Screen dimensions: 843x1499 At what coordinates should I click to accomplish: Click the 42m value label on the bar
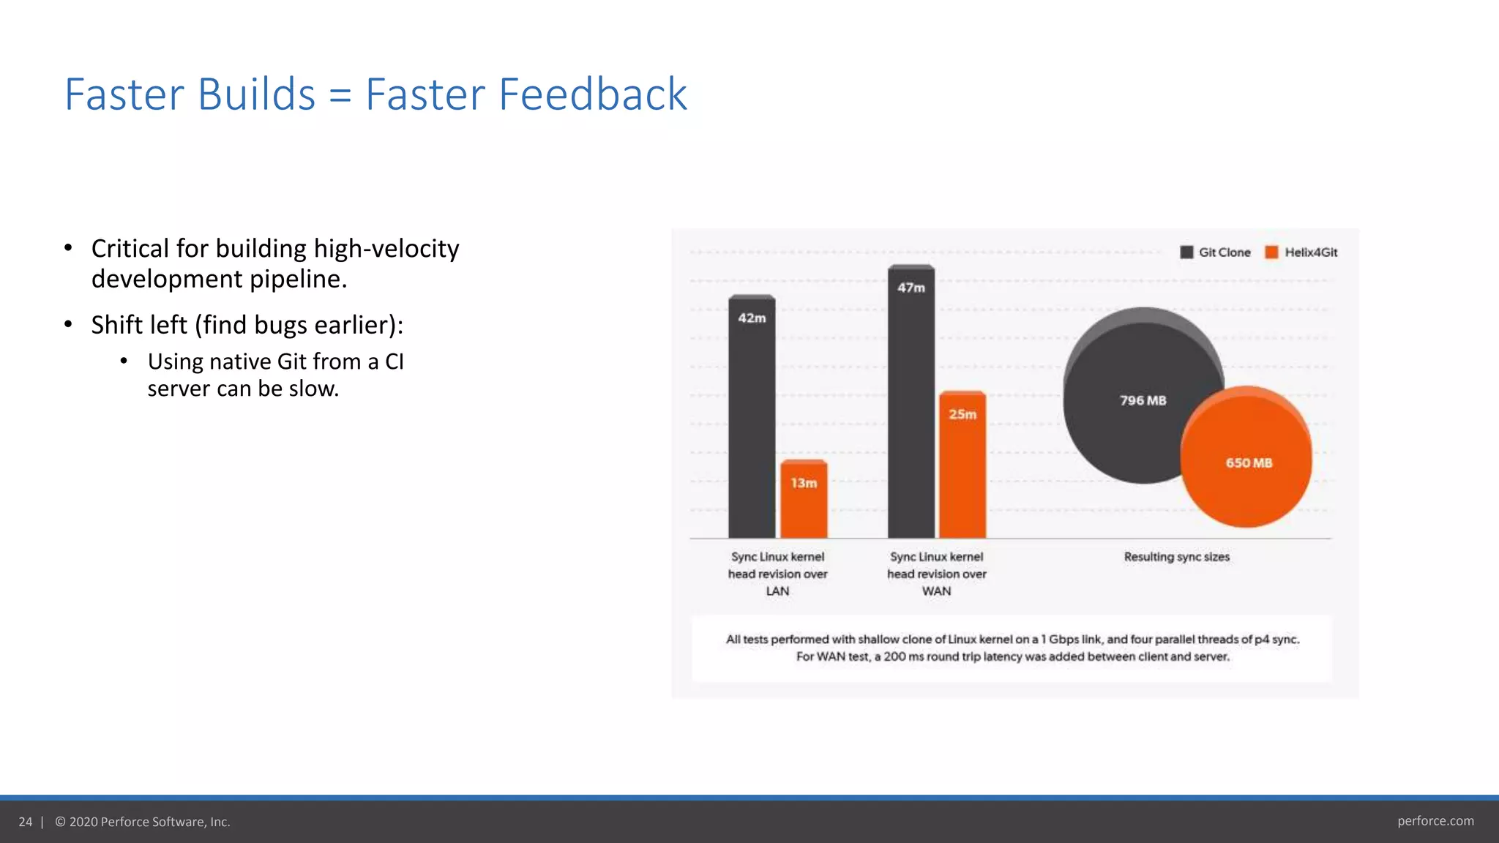coord(752,318)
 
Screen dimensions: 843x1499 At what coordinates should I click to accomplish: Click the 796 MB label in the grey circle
coord(1143,400)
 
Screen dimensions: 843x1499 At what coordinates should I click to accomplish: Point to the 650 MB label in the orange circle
coord(1249,462)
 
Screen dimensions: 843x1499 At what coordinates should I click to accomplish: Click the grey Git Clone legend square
coord(1186,252)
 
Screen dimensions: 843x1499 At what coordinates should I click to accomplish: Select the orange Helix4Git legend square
coord(1272,252)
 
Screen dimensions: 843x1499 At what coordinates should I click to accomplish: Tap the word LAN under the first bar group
coord(777,591)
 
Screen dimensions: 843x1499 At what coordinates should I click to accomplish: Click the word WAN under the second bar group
coord(936,591)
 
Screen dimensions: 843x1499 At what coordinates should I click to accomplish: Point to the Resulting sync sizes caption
coord(1176,557)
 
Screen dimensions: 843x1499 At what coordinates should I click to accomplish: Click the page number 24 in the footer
coord(26,822)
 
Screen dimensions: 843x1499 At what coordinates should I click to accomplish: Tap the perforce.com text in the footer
coord(1435,821)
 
